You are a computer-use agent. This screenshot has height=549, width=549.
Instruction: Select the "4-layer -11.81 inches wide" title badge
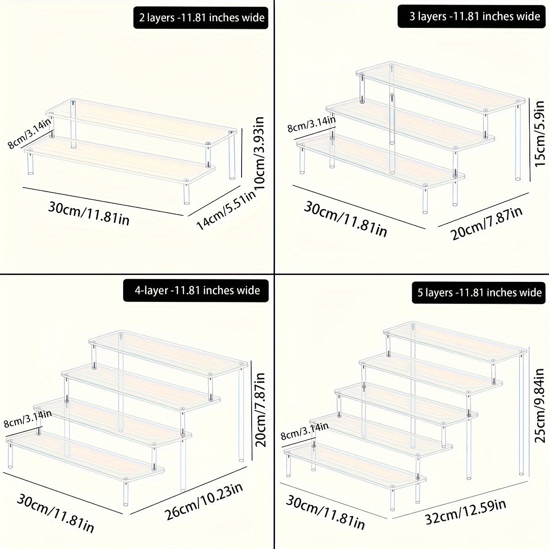coord(197,290)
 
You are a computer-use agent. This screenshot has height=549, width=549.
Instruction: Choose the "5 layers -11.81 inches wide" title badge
coord(479,292)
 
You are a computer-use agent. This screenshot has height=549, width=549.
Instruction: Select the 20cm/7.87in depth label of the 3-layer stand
coord(487,223)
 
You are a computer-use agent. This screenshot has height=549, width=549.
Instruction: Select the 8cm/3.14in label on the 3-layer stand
coord(312,124)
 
